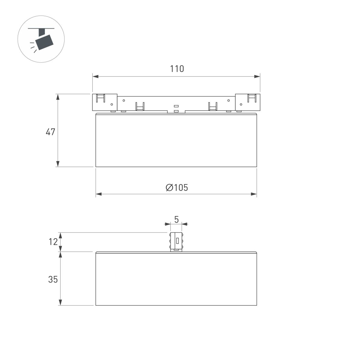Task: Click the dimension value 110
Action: pos(177,69)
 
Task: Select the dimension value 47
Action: pos(50,132)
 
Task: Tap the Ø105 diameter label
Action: pos(177,188)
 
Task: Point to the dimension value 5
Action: pos(176,219)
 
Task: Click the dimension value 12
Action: pos(53,242)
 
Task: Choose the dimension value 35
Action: pos(53,279)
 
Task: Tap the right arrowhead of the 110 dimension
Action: pos(257,76)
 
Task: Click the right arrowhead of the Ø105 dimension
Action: pos(254,194)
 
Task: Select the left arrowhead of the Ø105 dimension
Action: pos(99,194)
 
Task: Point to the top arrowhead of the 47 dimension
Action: pos(58,97)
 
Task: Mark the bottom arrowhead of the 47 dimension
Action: pos(58,164)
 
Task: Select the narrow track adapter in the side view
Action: pos(176,241)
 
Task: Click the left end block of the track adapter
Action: pos(104,102)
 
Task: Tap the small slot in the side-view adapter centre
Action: pos(178,241)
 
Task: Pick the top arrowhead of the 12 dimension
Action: pos(61,235)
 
